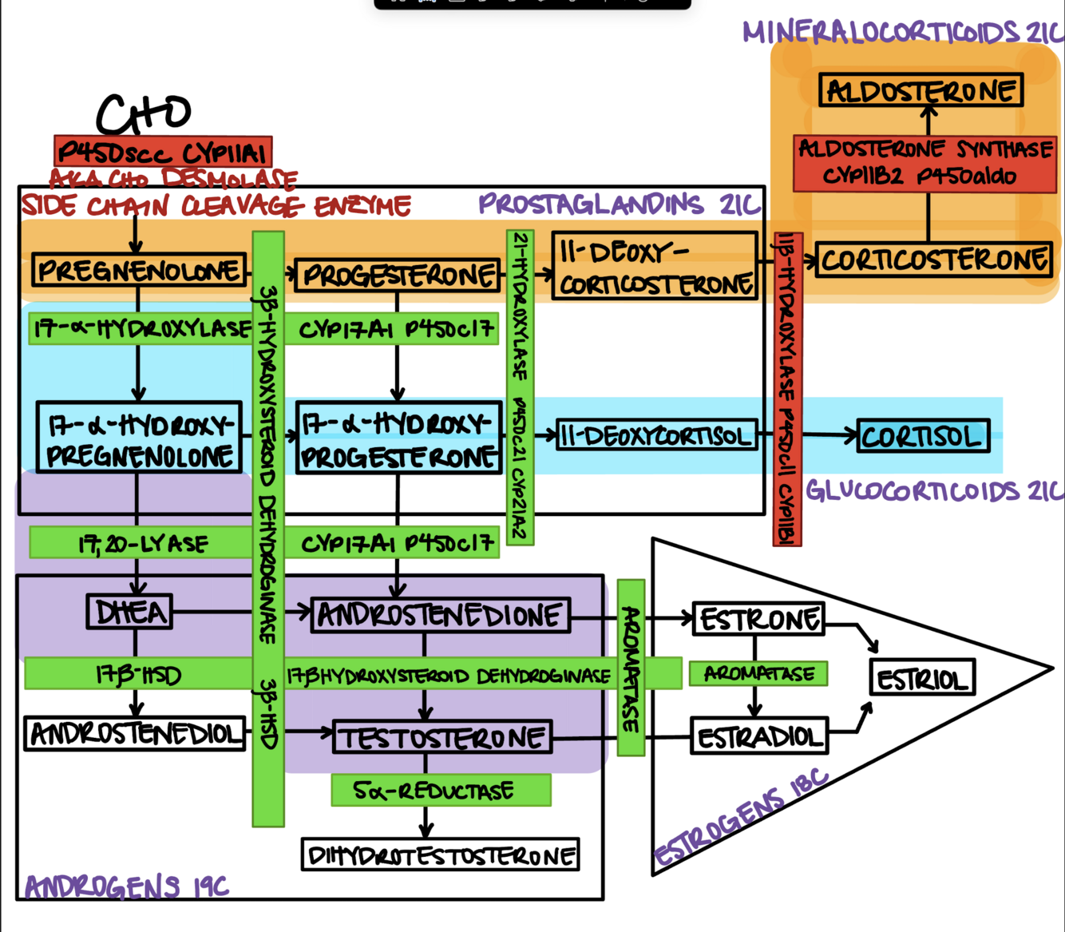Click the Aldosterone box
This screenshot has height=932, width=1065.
point(920,90)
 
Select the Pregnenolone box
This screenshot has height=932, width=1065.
point(138,270)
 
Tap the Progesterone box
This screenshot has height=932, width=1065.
point(397,276)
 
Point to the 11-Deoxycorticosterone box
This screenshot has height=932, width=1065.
point(654,267)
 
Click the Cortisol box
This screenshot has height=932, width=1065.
point(921,436)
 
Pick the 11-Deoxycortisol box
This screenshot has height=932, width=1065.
point(655,435)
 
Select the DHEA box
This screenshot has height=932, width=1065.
point(129,613)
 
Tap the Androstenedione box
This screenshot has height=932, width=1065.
point(440,615)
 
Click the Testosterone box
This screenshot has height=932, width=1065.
point(442,737)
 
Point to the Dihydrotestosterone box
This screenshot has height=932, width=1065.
point(440,855)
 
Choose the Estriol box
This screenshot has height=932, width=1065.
point(922,679)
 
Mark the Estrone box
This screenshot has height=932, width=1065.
point(758,619)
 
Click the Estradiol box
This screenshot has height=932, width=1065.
point(758,736)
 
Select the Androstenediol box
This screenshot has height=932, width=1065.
point(135,733)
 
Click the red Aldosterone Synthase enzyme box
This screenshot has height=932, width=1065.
point(924,162)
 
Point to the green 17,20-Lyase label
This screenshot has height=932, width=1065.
point(142,544)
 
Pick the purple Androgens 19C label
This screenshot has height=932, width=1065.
point(126,886)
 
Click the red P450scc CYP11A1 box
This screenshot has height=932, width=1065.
point(163,152)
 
